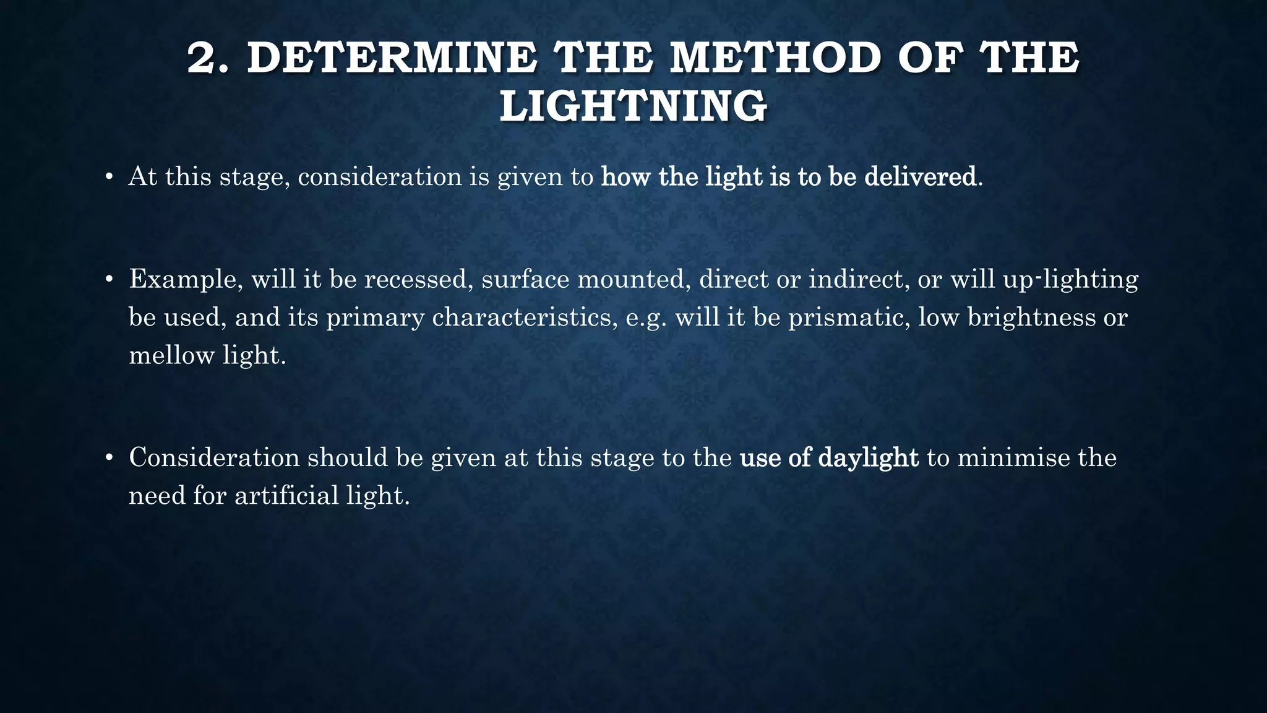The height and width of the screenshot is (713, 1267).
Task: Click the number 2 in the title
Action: tap(206, 58)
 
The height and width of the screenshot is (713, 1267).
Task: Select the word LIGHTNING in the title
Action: tap(633, 106)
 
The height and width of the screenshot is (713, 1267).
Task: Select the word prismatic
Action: tap(848, 318)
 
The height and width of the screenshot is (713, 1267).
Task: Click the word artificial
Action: tap(286, 496)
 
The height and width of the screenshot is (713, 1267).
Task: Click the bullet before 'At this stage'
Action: tap(109, 178)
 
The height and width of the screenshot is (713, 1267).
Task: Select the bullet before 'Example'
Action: tap(109, 280)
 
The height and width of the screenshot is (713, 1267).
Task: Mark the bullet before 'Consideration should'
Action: tap(109, 459)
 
